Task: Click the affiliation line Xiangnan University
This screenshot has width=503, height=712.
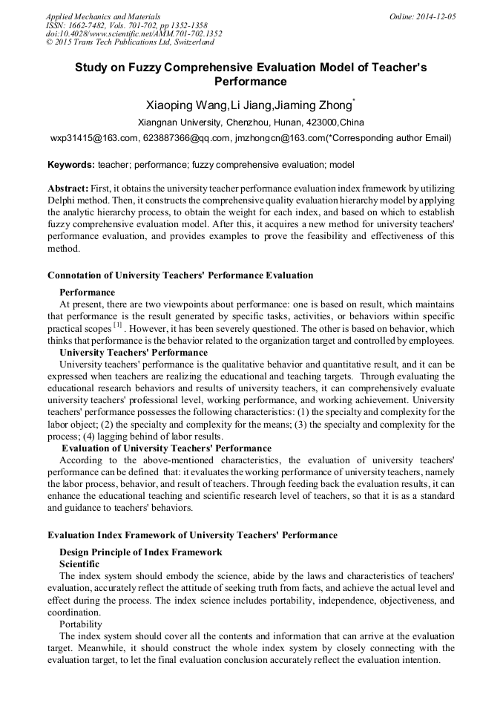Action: (x=251, y=123)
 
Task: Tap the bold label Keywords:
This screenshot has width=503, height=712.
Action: (x=70, y=164)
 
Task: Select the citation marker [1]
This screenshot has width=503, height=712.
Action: (x=117, y=326)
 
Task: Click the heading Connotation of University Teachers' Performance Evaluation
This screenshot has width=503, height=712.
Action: (x=180, y=275)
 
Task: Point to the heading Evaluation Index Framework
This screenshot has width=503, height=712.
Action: (x=192, y=535)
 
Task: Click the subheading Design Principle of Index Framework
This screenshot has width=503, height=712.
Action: (x=140, y=552)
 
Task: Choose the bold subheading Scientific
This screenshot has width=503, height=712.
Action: (x=79, y=564)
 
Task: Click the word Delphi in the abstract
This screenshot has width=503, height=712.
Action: (x=62, y=201)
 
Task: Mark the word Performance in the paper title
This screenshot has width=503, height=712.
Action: (x=251, y=81)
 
